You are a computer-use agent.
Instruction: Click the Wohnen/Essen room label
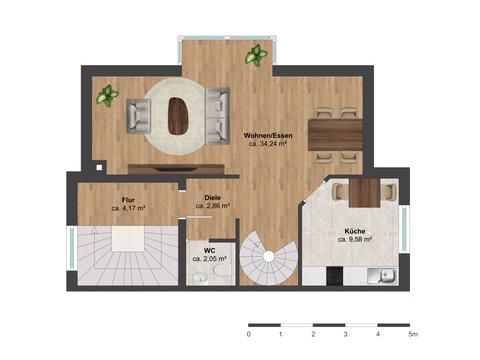[x=268, y=135]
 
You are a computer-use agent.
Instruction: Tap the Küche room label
[x=355, y=231]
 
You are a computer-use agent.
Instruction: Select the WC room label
[x=210, y=251]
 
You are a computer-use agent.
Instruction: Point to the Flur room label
[x=128, y=200]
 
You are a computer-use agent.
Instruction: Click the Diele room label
[x=212, y=198]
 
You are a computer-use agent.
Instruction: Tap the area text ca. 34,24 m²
[x=268, y=144]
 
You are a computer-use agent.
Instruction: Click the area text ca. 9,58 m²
[x=355, y=239]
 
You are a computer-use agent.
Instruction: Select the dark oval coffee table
[x=179, y=116]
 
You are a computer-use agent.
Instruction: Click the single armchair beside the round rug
[x=139, y=116]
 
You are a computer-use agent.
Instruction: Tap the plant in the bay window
[x=256, y=56]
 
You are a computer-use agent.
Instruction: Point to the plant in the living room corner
[x=107, y=96]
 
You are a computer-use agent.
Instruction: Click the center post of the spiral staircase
[x=269, y=256]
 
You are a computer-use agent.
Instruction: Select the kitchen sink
[x=382, y=276]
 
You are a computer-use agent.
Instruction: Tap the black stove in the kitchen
[x=335, y=276]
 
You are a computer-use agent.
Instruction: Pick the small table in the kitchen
[x=364, y=193]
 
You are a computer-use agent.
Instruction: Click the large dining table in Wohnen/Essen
[x=335, y=135]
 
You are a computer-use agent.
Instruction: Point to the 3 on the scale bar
[x=345, y=334]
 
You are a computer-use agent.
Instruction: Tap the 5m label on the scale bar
[x=413, y=334]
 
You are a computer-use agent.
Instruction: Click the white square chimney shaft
[x=99, y=168]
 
